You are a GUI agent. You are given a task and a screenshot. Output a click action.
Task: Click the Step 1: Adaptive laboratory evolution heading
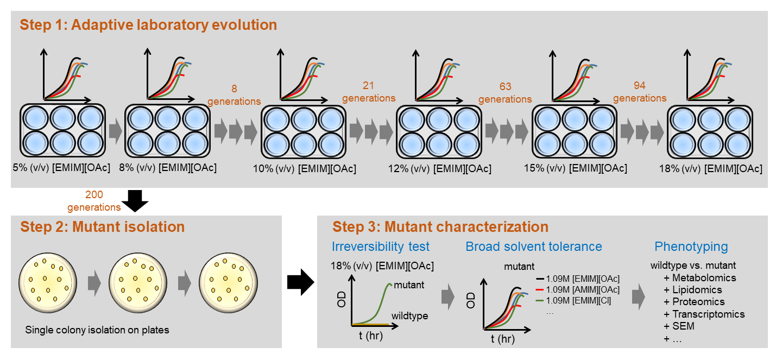[148, 25]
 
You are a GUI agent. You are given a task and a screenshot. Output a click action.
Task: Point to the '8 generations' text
[234, 94]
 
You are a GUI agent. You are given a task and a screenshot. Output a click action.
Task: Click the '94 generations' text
[640, 91]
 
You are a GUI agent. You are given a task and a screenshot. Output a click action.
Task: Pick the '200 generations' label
[94, 200]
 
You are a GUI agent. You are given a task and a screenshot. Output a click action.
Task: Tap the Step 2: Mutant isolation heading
[103, 226]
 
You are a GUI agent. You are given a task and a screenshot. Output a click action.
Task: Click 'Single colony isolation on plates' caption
[97, 330]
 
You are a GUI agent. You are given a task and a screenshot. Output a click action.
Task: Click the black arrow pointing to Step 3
[300, 281]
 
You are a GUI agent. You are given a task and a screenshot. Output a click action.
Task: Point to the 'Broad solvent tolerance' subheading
[534, 247]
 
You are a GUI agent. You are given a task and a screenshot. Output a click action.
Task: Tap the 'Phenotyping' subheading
[691, 247]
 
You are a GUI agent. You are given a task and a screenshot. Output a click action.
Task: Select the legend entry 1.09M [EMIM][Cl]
[578, 300]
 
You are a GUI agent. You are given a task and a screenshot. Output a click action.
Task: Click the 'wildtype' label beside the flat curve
[409, 316]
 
